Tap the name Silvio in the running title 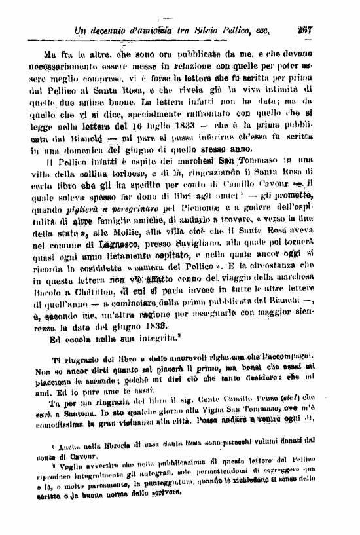coord(208,29)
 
